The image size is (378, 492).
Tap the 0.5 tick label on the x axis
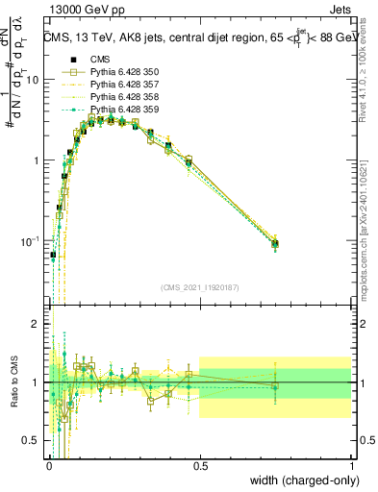[199, 464]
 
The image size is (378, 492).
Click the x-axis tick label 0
[48, 464]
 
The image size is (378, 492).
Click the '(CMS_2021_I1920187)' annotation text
[199, 287]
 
